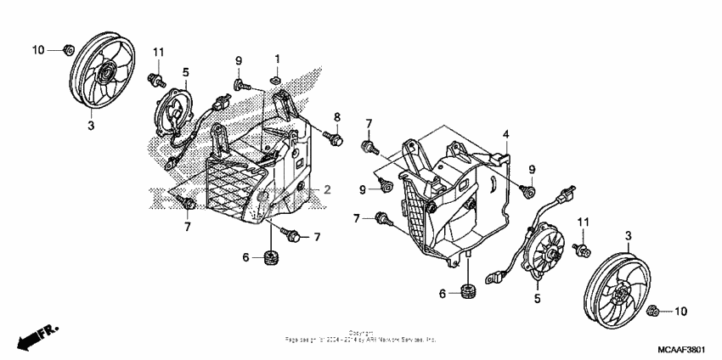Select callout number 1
pos(277,58)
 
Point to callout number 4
pos(505,134)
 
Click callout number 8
pos(336,116)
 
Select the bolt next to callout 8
pos(334,135)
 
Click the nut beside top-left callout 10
pos(66,50)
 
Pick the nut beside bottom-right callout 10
pos(654,312)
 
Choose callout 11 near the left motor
pos(158,53)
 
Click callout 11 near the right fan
pos(583,222)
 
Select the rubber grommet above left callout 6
pos(273,256)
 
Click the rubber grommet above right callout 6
pos(467,292)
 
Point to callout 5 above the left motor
pos(185,72)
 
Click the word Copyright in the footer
pos(360,332)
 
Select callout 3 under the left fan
pos(92,126)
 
